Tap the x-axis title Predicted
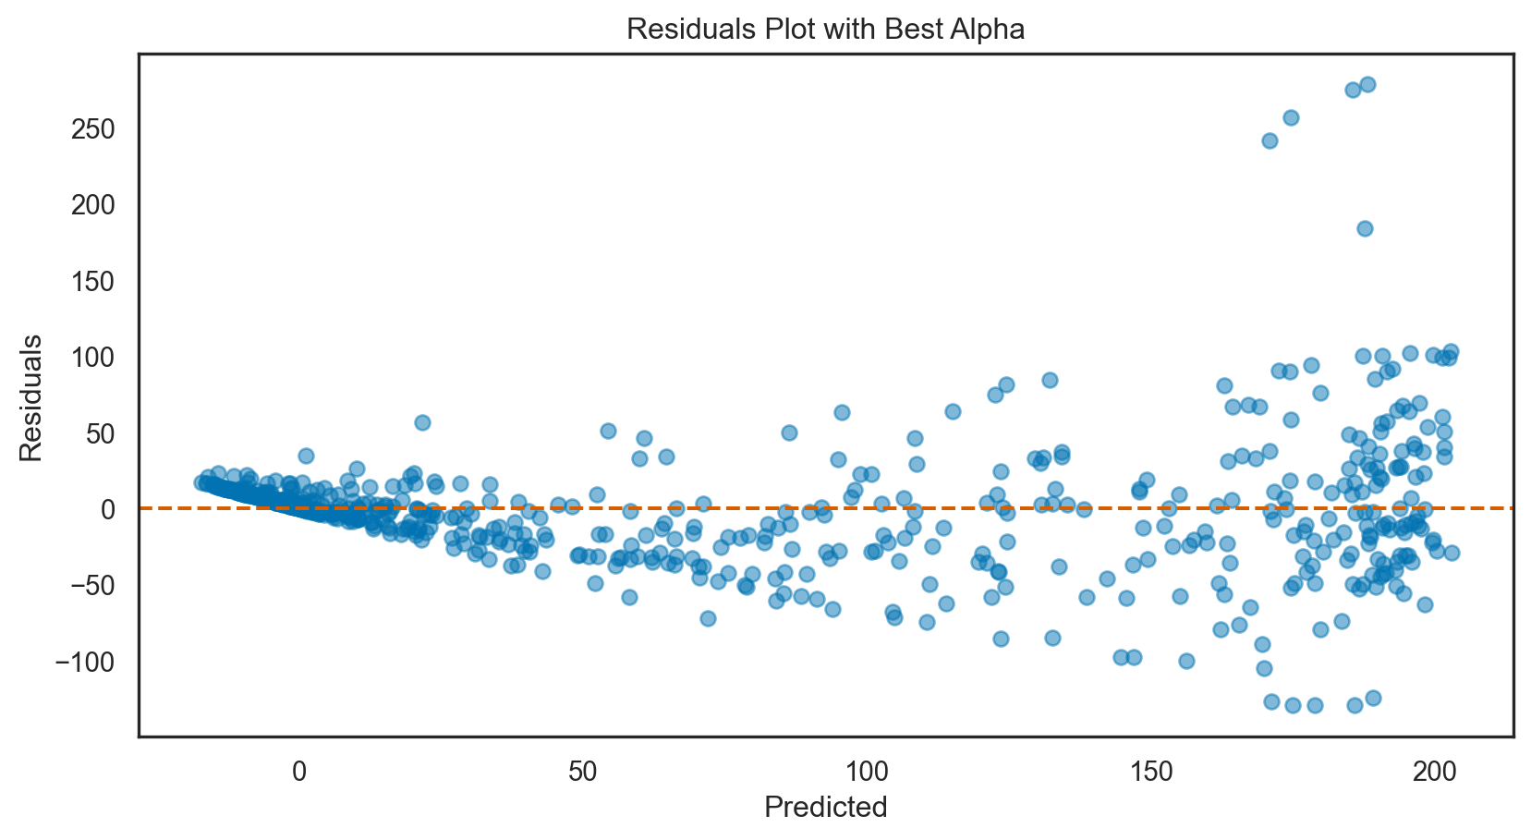(825, 807)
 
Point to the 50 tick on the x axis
(583, 770)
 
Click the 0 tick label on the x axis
(299, 770)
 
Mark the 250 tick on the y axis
(92, 128)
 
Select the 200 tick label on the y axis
(92, 204)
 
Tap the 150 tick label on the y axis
(92, 281)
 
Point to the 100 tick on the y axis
(92, 357)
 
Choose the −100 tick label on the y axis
(83, 662)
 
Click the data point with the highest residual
(1367, 84)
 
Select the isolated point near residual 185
(1365, 228)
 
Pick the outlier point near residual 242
(1270, 140)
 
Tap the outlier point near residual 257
(1291, 117)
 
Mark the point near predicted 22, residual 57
(422, 422)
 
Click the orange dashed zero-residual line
(739, 508)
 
